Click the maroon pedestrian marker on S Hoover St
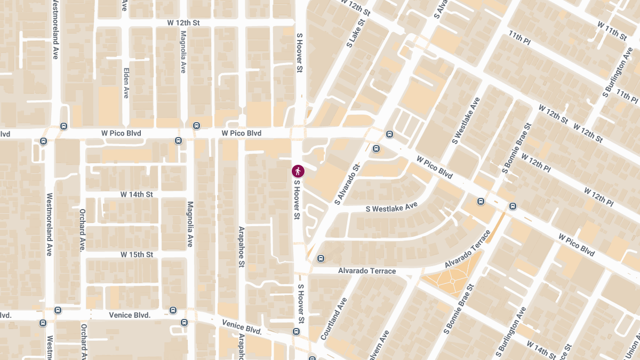298,171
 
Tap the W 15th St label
137,254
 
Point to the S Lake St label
358,33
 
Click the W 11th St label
612,31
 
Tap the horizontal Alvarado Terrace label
367,271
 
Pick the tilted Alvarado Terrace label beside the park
468,250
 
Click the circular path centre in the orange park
452,281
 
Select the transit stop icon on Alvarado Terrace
321,259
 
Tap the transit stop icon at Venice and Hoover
297,332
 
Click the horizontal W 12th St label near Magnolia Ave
183,23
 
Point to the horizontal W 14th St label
137,194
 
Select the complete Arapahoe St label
241,246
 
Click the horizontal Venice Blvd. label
131,315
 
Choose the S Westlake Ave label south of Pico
392,207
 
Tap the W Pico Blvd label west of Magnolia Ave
121,133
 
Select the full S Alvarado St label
348,184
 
